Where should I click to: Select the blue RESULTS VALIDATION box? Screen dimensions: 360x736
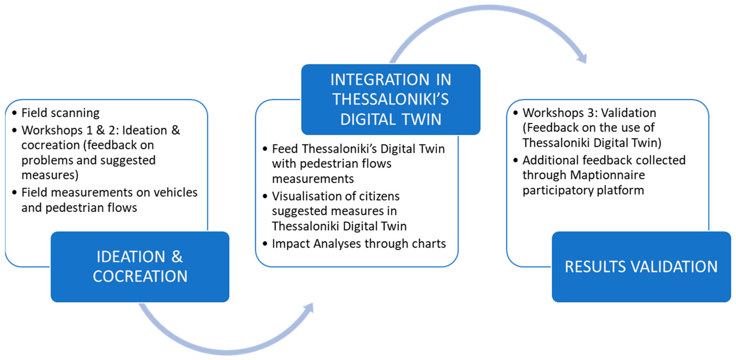point(641,266)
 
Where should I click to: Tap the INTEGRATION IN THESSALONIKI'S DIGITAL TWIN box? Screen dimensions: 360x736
point(391,99)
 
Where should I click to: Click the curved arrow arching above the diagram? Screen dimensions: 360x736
point(486,11)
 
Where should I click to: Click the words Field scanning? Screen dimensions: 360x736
point(60,113)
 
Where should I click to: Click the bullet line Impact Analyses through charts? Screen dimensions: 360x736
point(359,244)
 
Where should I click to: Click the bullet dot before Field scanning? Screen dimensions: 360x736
point(15,113)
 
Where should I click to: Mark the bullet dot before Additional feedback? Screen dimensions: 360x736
point(515,160)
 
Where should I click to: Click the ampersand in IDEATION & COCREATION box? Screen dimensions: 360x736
point(177,256)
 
